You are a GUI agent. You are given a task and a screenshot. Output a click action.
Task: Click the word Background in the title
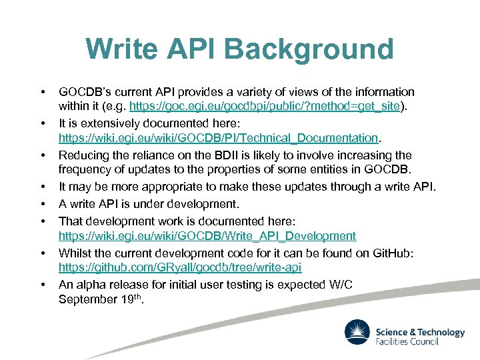[x=309, y=49]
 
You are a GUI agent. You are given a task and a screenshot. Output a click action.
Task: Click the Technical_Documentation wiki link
[x=218, y=138]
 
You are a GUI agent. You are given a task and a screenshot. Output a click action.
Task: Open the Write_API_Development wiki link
[x=207, y=236]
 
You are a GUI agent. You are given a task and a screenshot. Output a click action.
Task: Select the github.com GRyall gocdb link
[x=180, y=268]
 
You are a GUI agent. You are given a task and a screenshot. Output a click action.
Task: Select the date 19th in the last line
[x=131, y=299]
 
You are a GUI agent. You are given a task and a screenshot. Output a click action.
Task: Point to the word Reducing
[x=83, y=155]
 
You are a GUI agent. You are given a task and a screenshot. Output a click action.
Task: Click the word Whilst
[x=76, y=253]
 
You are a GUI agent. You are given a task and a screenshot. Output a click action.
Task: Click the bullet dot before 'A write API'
[x=42, y=204]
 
